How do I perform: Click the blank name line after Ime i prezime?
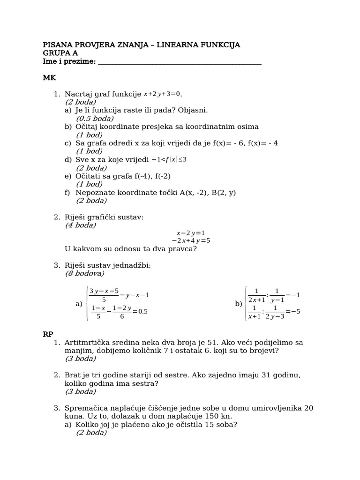click(x=180, y=62)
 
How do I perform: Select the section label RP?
click(x=48, y=334)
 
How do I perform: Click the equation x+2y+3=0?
click(x=162, y=94)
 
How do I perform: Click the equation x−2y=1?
click(x=190, y=233)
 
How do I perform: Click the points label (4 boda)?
click(x=80, y=225)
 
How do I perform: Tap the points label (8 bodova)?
click(x=84, y=274)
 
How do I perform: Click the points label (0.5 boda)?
click(x=95, y=119)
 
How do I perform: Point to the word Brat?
click(x=73, y=375)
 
